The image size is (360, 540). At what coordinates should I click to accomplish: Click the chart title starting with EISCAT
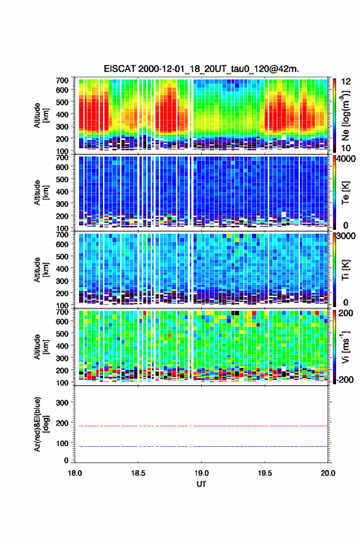point(201,69)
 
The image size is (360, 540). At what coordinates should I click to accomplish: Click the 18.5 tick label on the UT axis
point(138,473)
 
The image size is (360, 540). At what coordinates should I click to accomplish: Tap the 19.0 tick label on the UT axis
point(201,473)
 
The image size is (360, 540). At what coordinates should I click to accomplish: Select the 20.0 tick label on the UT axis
point(328,473)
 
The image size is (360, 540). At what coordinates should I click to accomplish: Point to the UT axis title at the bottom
point(201,484)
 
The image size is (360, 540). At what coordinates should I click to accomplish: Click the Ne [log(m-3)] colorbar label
point(345,116)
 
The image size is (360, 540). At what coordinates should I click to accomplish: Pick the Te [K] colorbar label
point(345,193)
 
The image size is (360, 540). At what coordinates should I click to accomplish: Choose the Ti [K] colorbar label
point(345,270)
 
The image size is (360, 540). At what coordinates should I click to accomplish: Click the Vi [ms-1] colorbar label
point(345,347)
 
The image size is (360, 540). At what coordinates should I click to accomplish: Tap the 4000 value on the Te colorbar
point(347,159)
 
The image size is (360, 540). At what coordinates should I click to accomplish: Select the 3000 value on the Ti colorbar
point(347,236)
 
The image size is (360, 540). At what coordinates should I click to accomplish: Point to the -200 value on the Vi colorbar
point(345,379)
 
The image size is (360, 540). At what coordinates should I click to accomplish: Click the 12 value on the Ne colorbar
point(347,82)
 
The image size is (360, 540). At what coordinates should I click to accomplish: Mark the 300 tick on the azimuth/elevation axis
point(63,403)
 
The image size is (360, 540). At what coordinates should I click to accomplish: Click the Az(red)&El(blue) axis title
point(41,424)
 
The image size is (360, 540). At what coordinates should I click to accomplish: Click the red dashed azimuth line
point(201,426)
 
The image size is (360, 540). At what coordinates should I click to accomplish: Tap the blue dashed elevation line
point(201,446)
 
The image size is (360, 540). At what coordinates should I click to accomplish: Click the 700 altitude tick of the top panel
point(63,80)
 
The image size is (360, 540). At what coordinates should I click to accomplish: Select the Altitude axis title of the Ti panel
point(41,270)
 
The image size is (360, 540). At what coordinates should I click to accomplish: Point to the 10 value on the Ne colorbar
point(347,148)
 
